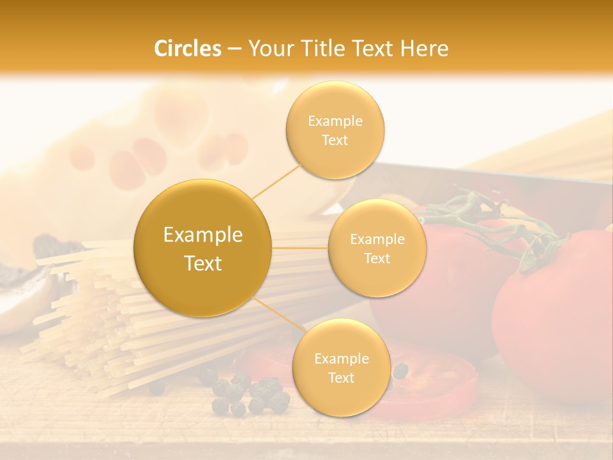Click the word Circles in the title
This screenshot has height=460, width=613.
tap(187, 49)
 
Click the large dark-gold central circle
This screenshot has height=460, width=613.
tap(202, 247)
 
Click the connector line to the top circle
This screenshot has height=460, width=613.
tap(276, 180)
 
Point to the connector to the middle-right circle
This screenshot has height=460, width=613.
tap(300, 248)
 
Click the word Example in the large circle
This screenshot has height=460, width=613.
tap(202, 235)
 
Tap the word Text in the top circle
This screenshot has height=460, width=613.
tap(335, 141)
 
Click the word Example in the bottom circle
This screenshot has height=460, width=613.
tap(341, 359)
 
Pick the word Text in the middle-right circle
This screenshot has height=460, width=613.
tap(377, 259)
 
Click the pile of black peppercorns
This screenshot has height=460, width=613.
tap(249, 393)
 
